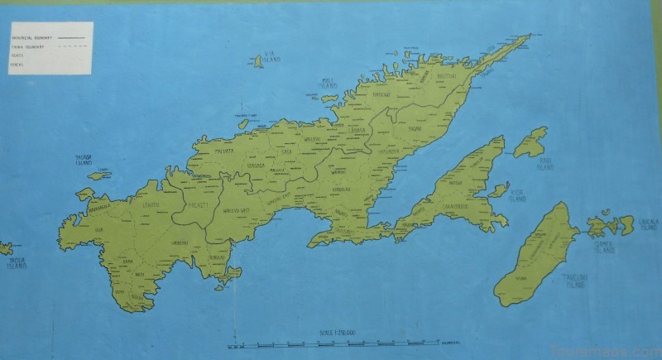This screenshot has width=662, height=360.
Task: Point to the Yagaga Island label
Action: coord(83,161)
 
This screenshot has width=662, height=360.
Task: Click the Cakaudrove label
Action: coord(456,206)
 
